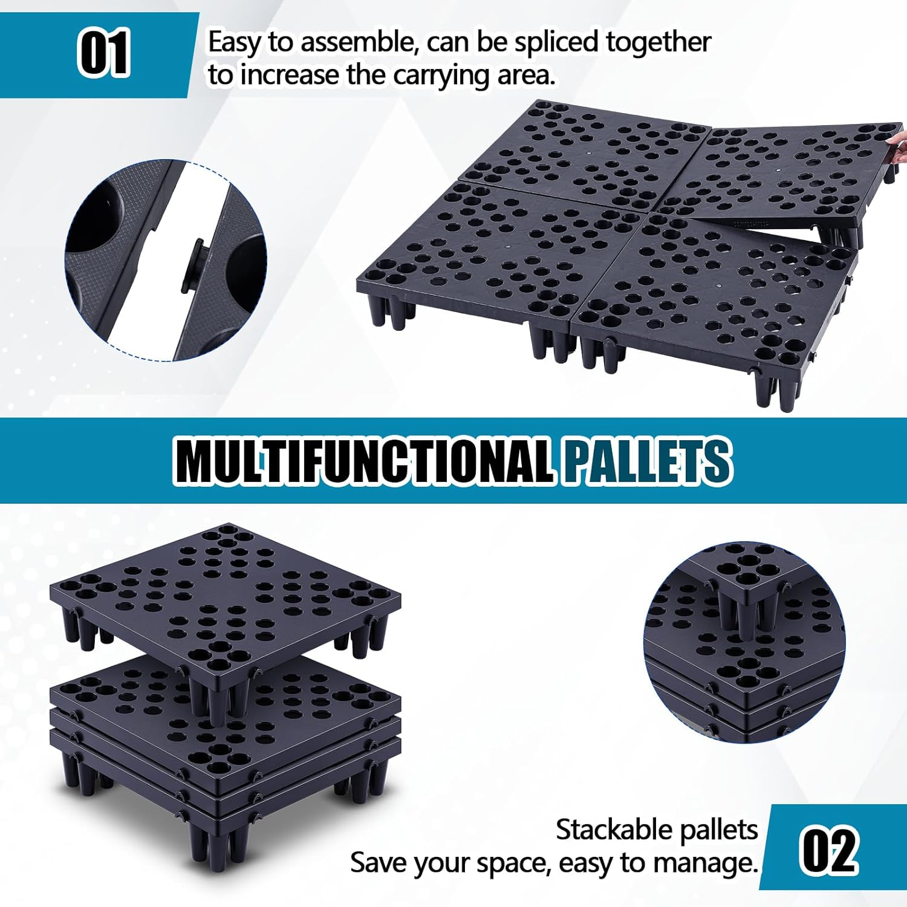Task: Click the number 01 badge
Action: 103,54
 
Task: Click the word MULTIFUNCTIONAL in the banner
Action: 363,461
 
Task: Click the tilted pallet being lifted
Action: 786,175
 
